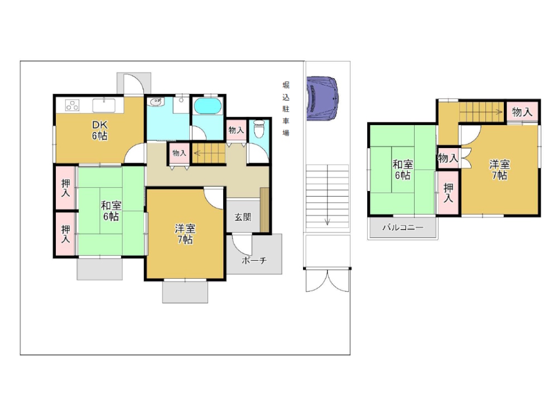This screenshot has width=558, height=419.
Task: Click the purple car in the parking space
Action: click(x=322, y=98)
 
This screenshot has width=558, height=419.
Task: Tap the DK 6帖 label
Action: click(x=100, y=130)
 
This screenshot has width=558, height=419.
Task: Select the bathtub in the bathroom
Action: click(x=208, y=106)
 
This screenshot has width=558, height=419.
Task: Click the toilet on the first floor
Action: click(x=259, y=129)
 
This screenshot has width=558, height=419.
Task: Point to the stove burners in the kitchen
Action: click(x=72, y=105)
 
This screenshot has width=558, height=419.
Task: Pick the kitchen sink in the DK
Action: click(x=104, y=106)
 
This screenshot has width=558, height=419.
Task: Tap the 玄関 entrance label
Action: click(x=243, y=217)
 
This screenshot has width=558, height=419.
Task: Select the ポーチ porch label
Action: click(x=254, y=260)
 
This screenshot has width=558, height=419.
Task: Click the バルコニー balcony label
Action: click(x=403, y=227)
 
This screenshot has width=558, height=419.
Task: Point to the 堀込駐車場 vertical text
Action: click(x=286, y=109)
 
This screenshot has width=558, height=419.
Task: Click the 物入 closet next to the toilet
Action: click(x=236, y=130)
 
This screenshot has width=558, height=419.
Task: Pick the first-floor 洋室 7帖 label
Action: click(x=185, y=234)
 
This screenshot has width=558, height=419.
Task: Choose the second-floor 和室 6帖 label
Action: click(x=402, y=170)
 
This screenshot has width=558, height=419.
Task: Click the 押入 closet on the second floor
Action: click(x=449, y=193)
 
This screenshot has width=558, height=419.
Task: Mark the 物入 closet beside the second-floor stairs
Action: click(x=522, y=112)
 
